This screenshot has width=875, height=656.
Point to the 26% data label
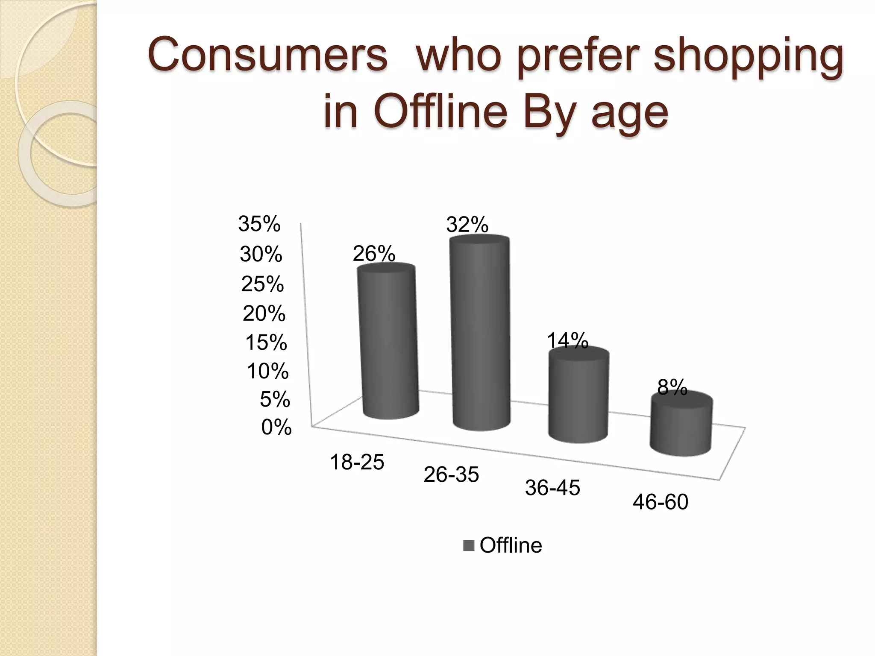pyautogui.click(x=374, y=254)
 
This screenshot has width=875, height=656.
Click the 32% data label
pyautogui.click(x=467, y=225)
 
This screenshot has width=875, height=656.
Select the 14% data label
pyautogui.click(x=568, y=341)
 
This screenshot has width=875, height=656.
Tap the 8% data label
pyautogui.click(x=672, y=387)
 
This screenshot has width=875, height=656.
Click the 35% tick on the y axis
pyautogui.click(x=259, y=224)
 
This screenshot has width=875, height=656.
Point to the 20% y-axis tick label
pyautogui.click(x=264, y=314)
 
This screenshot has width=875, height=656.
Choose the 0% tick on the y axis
pyautogui.click(x=276, y=427)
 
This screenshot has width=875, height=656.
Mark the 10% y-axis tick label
pyautogui.click(x=268, y=371)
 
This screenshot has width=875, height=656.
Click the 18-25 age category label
pyautogui.click(x=357, y=462)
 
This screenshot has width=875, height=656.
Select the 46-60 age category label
pyautogui.click(x=661, y=502)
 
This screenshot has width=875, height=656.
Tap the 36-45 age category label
pyautogui.click(x=552, y=488)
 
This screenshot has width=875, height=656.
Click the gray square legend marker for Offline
pyautogui.click(x=469, y=546)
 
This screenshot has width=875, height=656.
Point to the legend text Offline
pyautogui.click(x=511, y=545)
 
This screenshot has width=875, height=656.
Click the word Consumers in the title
pyautogui.click(x=267, y=56)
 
